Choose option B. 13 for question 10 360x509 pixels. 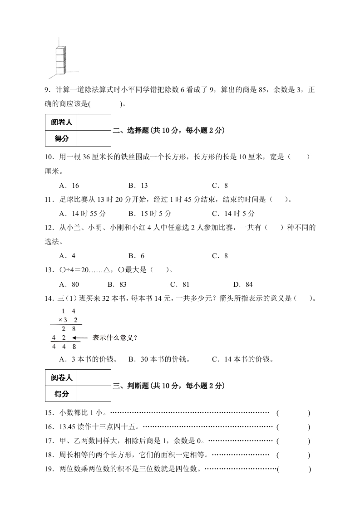click(x=138, y=185)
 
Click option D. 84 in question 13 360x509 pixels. click(x=242, y=284)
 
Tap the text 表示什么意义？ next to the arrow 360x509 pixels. click(x=115, y=338)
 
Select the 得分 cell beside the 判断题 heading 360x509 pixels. click(x=62, y=394)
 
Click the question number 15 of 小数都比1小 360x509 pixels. click(x=49, y=413)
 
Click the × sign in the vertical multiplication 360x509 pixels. click(x=54, y=320)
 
